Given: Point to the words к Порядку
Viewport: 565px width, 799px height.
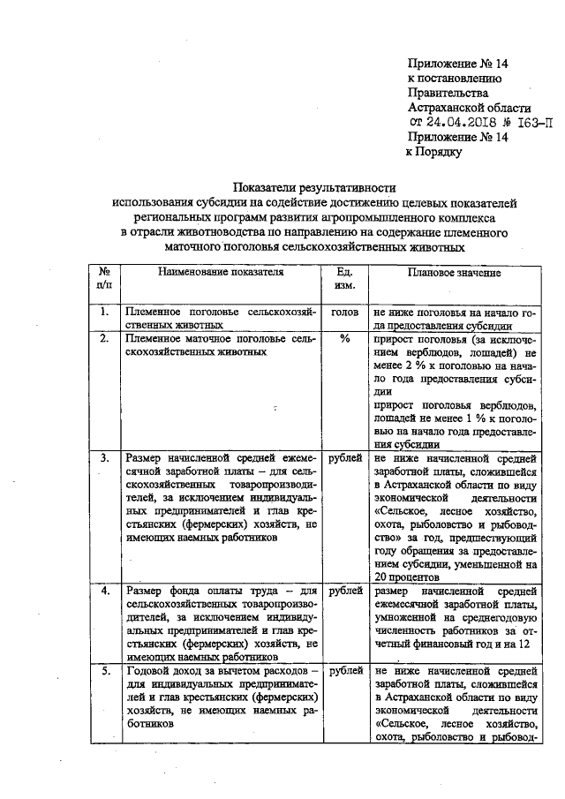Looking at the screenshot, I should (x=434, y=152).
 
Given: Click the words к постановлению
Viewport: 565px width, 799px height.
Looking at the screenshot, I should (x=454, y=78).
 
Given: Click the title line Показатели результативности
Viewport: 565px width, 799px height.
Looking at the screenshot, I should (x=314, y=187).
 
